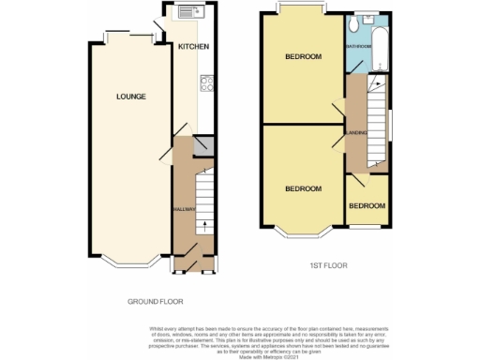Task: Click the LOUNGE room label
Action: point(130,96)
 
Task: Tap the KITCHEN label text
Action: point(193,47)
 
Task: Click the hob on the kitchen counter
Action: point(205,87)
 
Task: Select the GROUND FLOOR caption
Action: point(156,302)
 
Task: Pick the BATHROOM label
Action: point(359,46)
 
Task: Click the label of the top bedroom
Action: point(303,57)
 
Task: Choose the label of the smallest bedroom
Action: point(366,205)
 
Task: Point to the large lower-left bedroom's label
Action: point(303,188)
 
